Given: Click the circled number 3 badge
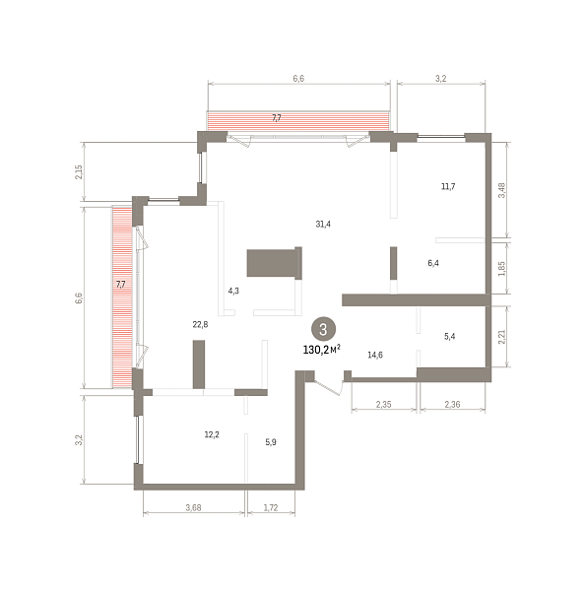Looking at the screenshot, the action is (323, 329).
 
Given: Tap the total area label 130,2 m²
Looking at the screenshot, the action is (321, 350).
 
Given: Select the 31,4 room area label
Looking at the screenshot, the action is (323, 224).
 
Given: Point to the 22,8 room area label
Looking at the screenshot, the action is (200, 324).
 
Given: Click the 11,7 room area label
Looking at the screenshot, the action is (448, 186).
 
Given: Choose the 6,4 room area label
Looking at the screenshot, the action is (433, 263).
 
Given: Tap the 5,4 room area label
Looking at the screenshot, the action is (450, 336).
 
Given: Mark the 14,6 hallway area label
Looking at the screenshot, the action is (375, 355).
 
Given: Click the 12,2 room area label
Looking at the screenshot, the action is (212, 434).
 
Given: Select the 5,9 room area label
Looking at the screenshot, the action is (271, 442).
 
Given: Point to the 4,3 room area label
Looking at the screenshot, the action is (233, 291).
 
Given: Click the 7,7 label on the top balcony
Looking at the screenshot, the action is (277, 118).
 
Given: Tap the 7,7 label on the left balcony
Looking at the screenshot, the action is (120, 285).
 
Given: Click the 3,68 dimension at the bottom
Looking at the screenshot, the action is (193, 507).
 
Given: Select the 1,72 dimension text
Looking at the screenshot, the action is (271, 507).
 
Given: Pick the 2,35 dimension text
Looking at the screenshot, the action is (383, 405).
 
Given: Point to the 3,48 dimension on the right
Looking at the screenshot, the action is (501, 190).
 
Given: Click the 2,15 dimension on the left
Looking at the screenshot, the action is (79, 171).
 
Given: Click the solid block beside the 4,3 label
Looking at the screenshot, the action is (275, 263).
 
